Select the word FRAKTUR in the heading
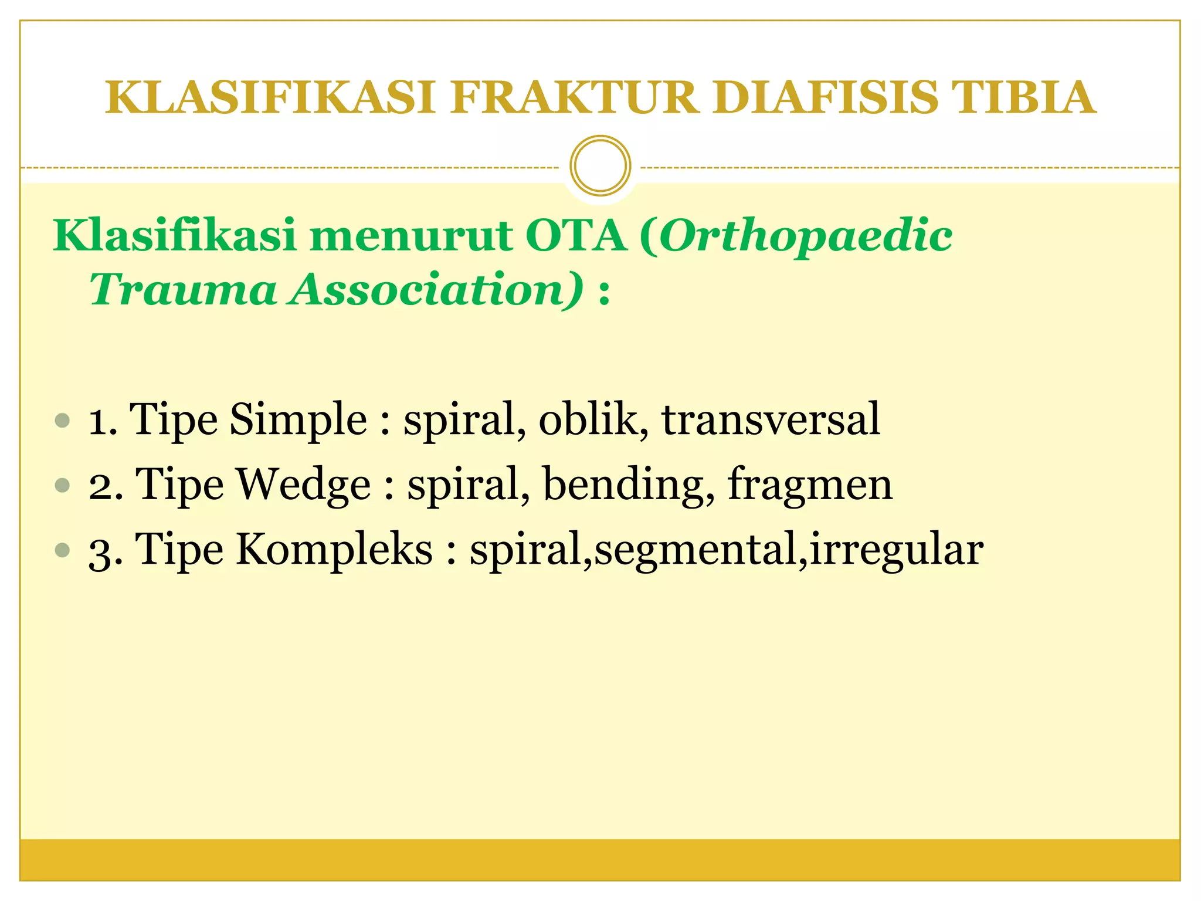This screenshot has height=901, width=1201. [x=575, y=97]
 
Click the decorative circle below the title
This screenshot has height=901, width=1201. [x=600, y=166]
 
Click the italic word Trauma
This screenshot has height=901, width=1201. [x=182, y=289]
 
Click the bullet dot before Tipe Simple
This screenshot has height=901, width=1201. [x=62, y=420]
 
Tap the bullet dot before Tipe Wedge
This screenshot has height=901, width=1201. [x=62, y=485]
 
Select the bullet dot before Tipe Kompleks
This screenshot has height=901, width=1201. [x=62, y=550]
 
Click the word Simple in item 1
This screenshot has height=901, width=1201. [x=298, y=420]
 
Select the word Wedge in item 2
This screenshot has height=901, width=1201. [x=303, y=485]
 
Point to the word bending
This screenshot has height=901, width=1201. [x=628, y=485]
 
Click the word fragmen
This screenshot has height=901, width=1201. [x=809, y=485]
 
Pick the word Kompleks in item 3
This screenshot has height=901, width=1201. [x=334, y=550]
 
